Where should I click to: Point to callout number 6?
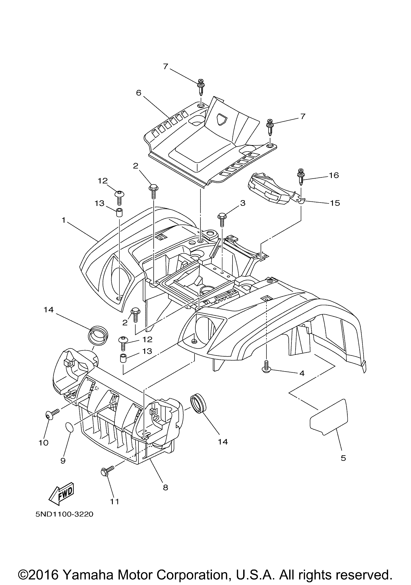click(139, 93)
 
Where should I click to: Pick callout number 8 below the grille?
click(165, 487)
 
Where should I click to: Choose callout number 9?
click(63, 460)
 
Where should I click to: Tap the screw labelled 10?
click(53, 414)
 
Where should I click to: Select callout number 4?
click(302, 373)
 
